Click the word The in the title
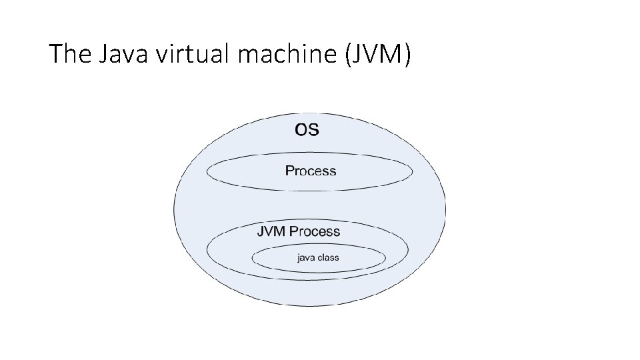pyautogui.click(x=69, y=53)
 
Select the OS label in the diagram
pyautogui.click(x=307, y=129)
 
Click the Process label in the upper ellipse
pyautogui.click(x=311, y=171)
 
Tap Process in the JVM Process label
pyautogui.click(x=315, y=232)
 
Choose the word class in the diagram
pyautogui.click(x=328, y=257)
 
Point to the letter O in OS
pyautogui.click(x=301, y=129)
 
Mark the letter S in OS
pyautogui.click(x=314, y=129)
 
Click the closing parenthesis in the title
pyautogui.click(x=408, y=54)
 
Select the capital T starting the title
pyautogui.click(x=55, y=53)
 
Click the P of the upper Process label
pyautogui.click(x=289, y=171)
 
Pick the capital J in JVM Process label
pyautogui.click(x=261, y=232)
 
